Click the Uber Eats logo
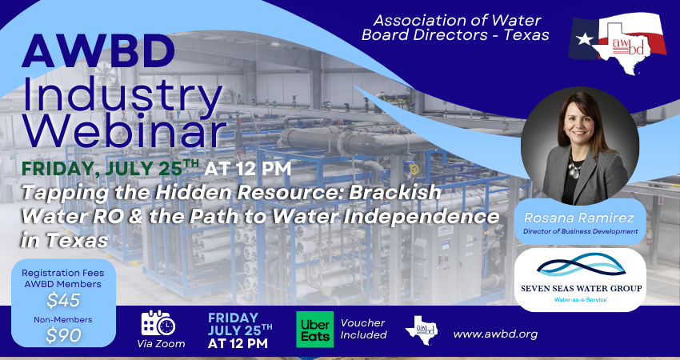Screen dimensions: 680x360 [x=315, y=330]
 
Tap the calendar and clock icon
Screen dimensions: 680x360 [x=158, y=323]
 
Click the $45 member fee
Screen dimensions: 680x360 [x=63, y=301]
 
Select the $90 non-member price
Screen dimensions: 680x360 [x=63, y=335]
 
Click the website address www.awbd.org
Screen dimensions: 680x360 [x=495, y=334]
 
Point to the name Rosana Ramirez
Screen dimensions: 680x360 [x=579, y=218]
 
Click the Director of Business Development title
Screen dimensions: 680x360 [x=580, y=231]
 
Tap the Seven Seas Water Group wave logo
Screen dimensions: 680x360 [x=581, y=266]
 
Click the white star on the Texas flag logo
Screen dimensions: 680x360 [x=585, y=39]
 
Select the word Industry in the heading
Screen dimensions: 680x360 [x=122, y=94]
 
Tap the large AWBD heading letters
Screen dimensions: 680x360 [x=98, y=52]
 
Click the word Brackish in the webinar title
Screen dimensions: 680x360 [x=395, y=192]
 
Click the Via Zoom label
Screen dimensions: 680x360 [x=161, y=344]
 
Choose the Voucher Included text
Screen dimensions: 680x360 [x=363, y=329]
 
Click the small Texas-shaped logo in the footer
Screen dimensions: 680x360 [x=421, y=330]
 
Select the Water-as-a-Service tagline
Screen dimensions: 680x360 [x=580, y=300]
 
